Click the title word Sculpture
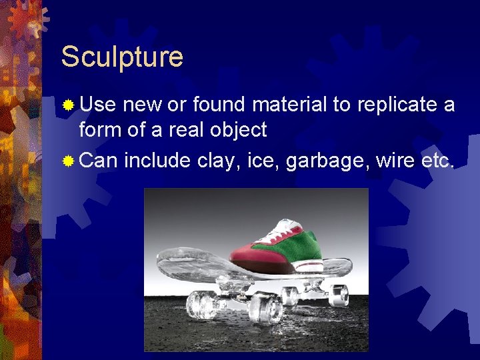[122, 57]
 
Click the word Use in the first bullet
[97, 105]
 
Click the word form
[101, 129]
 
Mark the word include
[159, 160]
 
